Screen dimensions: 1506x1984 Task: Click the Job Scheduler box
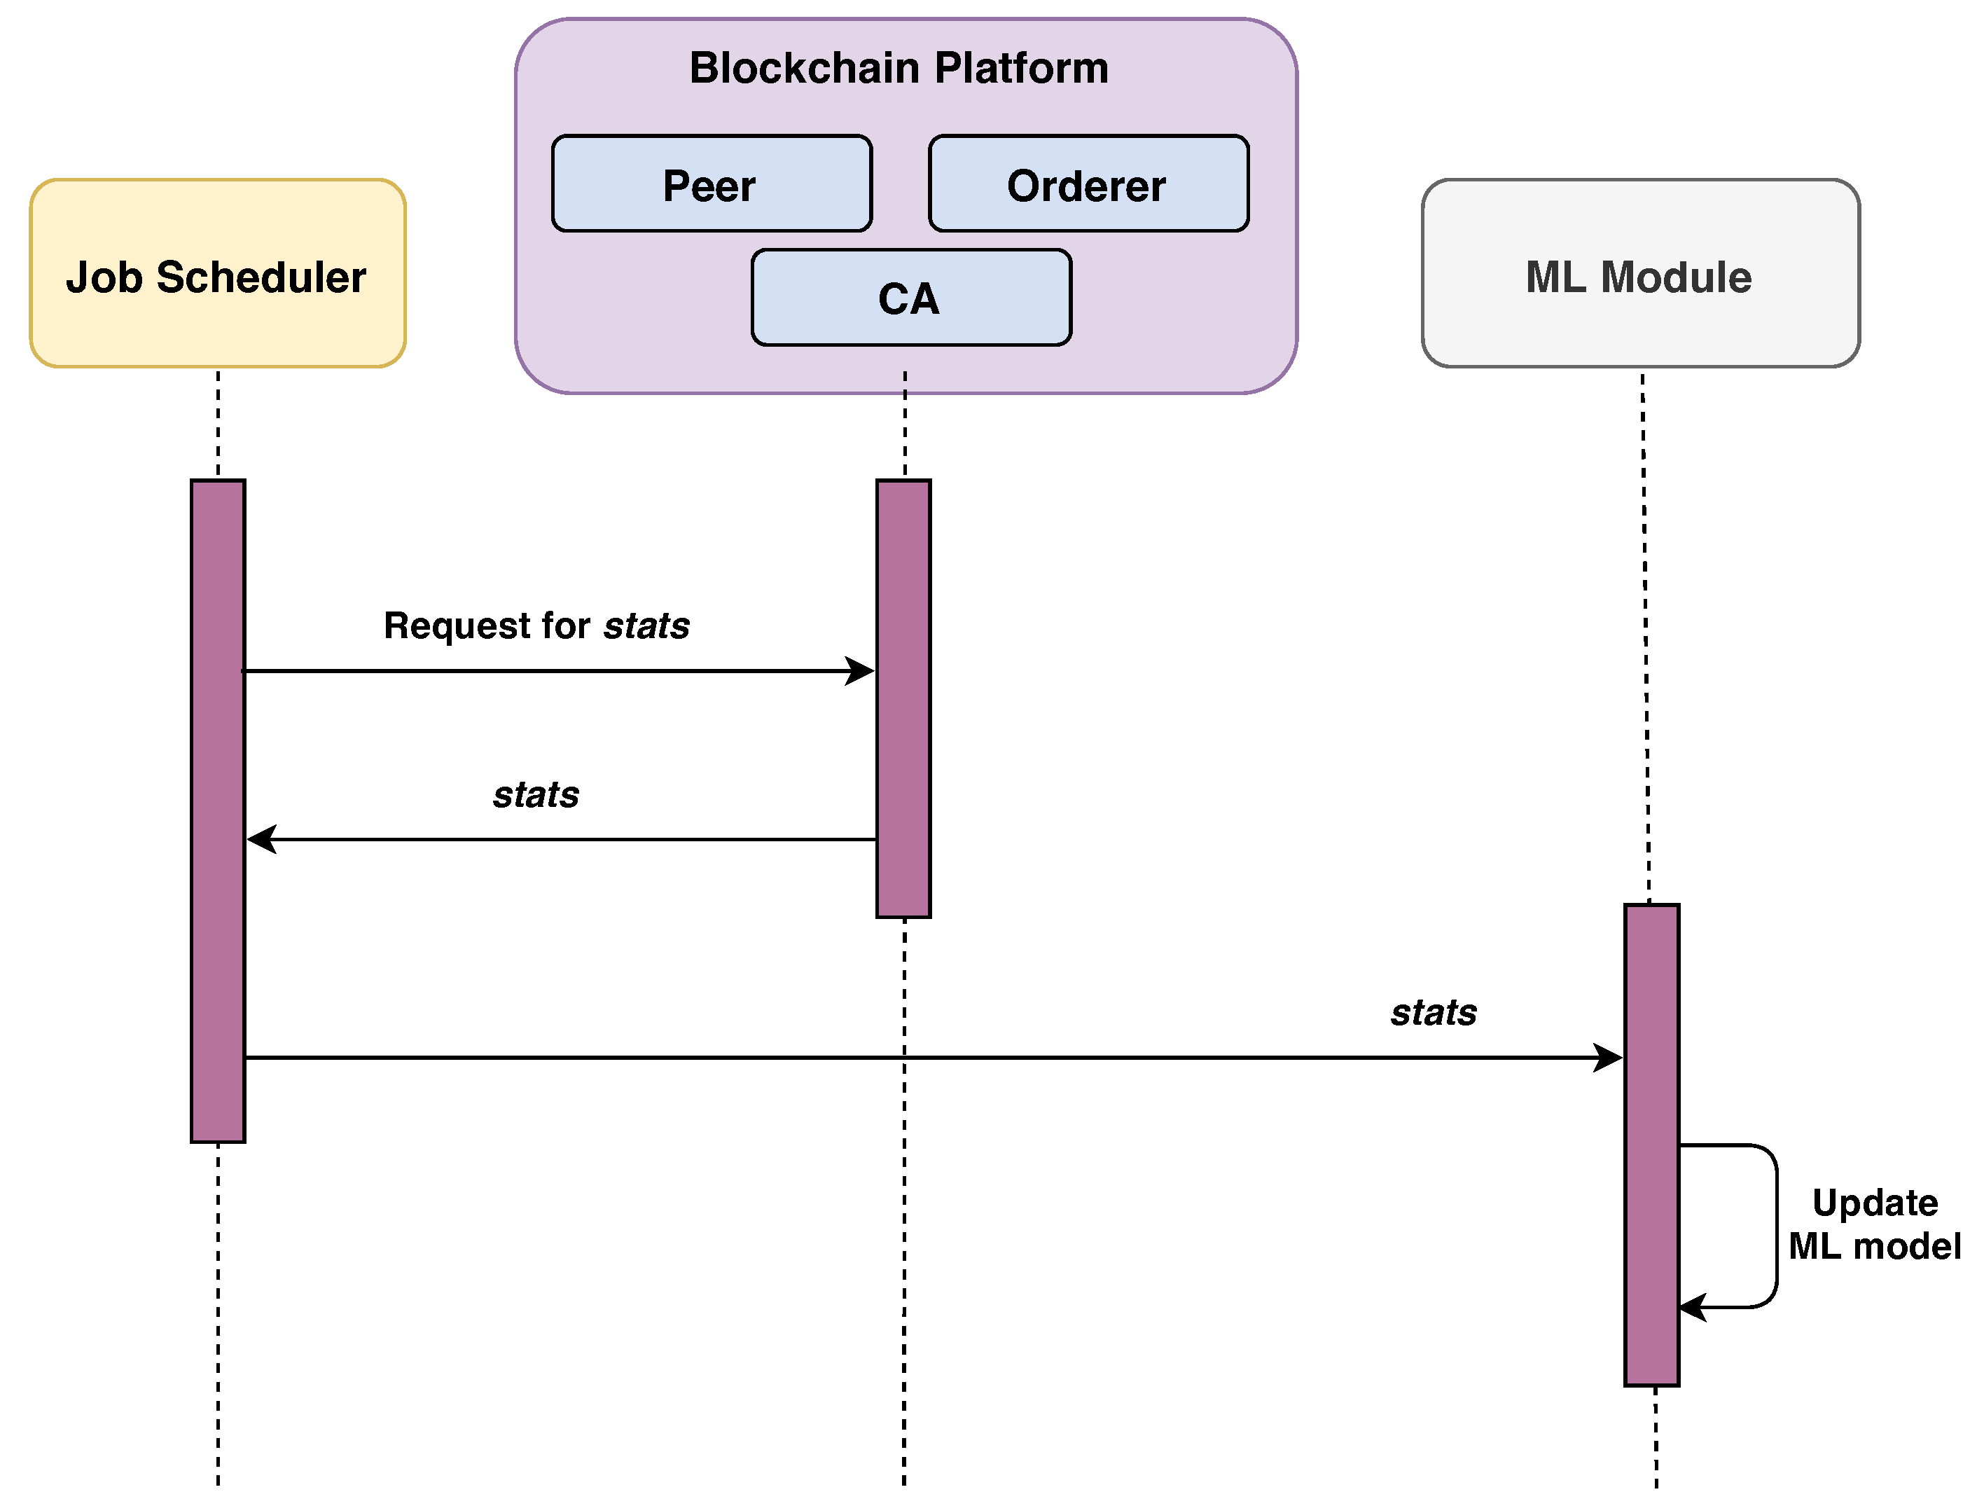click(x=218, y=274)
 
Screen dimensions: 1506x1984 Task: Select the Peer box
click(x=712, y=184)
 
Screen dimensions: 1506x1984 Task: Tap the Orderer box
click(x=1088, y=184)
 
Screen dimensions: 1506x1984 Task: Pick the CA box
click(x=911, y=298)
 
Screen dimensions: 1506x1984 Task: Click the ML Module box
click(x=1640, y=274)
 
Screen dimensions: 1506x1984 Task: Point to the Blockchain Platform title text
click(x=899, y=68)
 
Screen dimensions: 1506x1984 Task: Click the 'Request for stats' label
click(x=536, y=626)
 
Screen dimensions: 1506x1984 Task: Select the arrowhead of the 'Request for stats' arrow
click(x=863, y=671)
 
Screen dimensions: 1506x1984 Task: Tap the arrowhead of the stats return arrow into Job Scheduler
click(x=260, y=840)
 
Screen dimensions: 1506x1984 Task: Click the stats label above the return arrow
click(x=536, y=795)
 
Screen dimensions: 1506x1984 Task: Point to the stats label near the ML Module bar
click(x=1434, y=1013)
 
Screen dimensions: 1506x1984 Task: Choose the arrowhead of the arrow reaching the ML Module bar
click(x=1611, y=1058)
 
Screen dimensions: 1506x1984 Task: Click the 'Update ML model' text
click(x=1875, y=1224)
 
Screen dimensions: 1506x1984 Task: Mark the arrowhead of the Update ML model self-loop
click(x=1691, y=1307)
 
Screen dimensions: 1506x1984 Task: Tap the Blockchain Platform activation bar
click(x=903, y=699)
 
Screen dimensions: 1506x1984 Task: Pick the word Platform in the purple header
click(x=1020, y=68)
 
